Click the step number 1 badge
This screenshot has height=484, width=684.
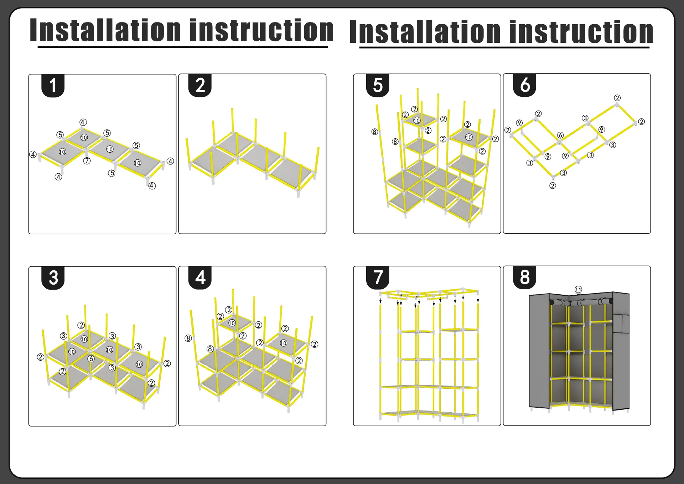coord(53,86)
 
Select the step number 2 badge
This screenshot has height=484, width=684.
coord(200,85)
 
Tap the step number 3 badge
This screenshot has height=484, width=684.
coord(53,278)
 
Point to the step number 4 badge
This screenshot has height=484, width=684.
coord(200,277)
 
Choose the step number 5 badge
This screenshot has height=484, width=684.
coord(378,85)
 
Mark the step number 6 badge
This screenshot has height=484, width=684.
coord(525,85)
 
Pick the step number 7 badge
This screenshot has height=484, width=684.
coord(378,277)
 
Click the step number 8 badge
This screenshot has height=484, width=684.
coord(525,277)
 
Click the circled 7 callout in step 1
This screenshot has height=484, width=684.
coord(87,161)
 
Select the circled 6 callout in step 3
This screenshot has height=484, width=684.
coord(91,359)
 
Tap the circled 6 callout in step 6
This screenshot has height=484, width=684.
coord(560,135)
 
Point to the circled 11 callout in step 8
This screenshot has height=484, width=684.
coord(578,290)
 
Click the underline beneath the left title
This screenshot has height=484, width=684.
coord(182,47)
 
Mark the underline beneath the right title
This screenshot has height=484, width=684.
coord(504,47)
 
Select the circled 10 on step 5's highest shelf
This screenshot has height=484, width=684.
coord(417,121)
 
